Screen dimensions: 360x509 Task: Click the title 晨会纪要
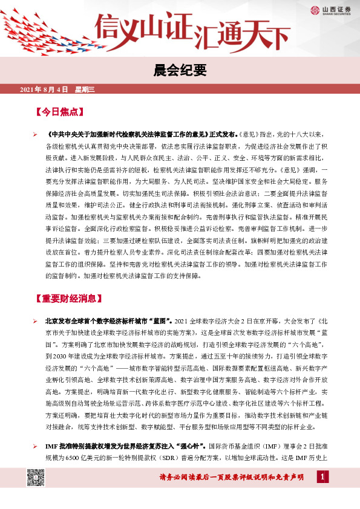[x=180, y=69]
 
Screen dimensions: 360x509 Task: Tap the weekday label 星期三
[x=85, y=90]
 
